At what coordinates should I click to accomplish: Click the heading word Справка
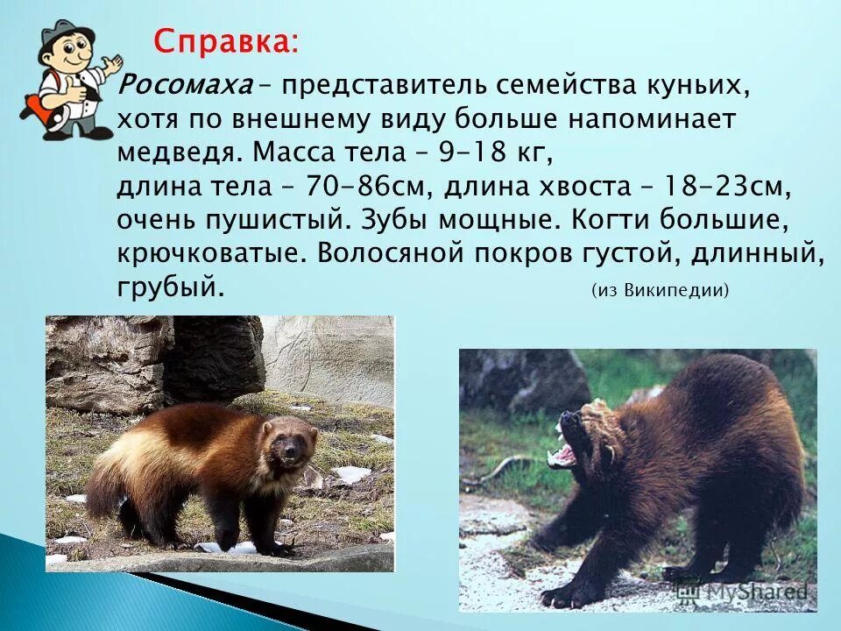(225, 41)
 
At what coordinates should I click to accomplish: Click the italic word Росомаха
(183, 86)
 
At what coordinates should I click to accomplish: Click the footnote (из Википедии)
(660, 290)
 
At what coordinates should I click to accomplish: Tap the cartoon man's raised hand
(111, 67)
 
